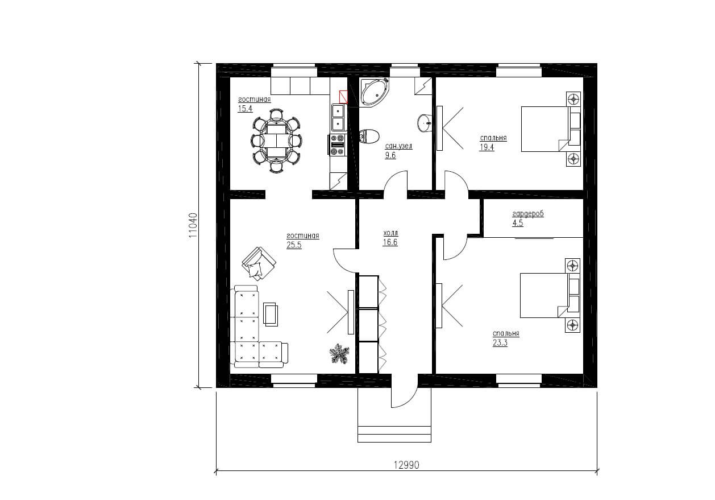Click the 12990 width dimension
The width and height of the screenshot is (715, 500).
coord(406,465)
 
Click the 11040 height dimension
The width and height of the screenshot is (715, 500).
coord(193,225)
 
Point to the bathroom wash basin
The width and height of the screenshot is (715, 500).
coord(424,123)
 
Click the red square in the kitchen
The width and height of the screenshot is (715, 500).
coord(343,97)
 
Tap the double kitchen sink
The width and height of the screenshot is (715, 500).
coord(338,117)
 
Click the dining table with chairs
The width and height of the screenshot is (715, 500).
coord(276,141)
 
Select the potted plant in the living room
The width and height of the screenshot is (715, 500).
coord(339,354)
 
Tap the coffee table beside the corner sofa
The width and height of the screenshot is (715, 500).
coord(271,315)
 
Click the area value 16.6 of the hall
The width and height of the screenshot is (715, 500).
coord(390,242)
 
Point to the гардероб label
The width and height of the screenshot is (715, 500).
coord(527,213)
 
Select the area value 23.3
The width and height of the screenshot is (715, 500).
coord(500,343)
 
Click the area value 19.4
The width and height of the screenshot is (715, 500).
coord(487,147)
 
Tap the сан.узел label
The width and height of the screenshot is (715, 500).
coord(398,146)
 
